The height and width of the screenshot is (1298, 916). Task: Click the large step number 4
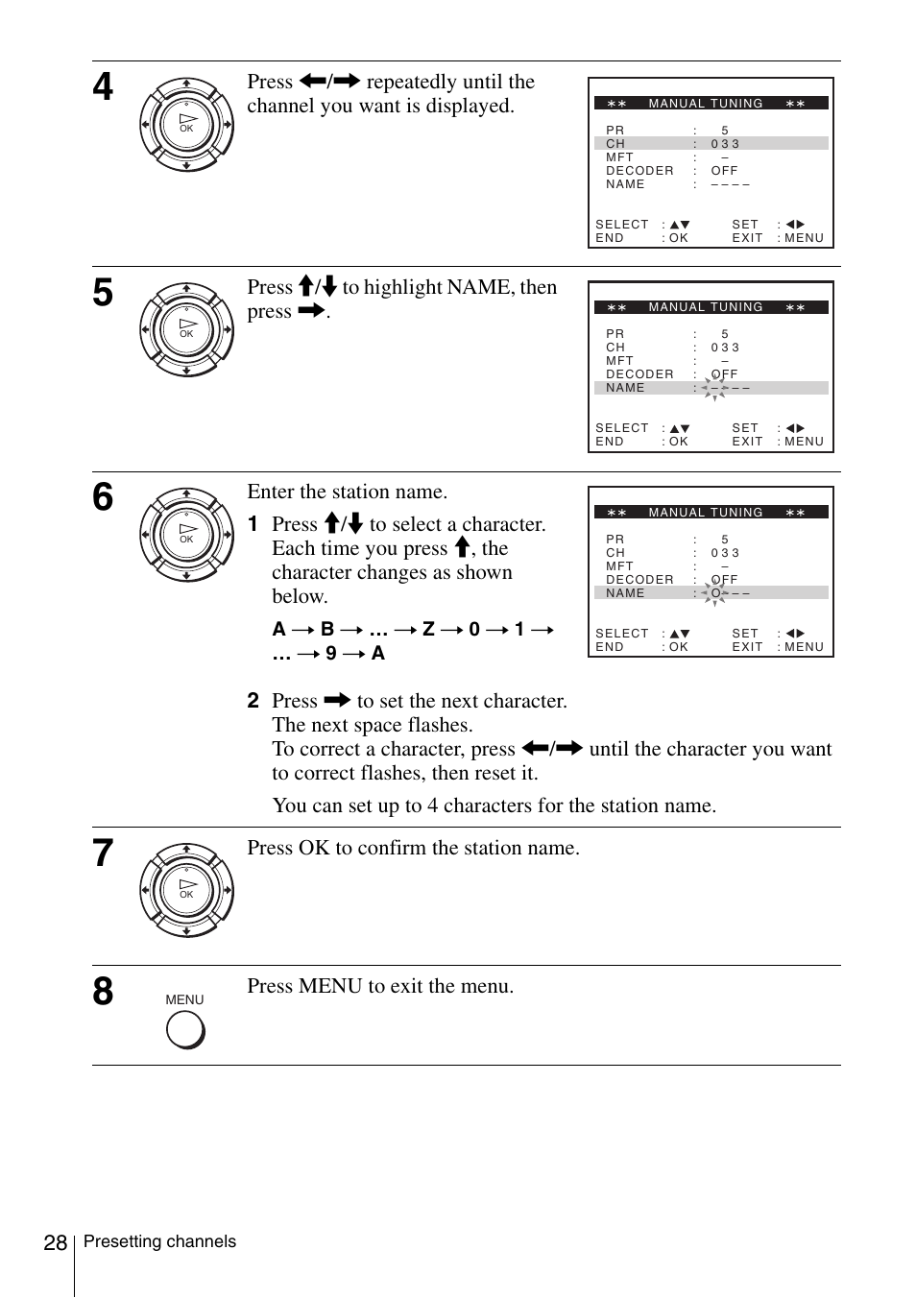point(103,87)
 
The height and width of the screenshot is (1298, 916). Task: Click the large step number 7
point(103,853)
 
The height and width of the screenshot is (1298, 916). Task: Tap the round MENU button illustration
point(185,1030)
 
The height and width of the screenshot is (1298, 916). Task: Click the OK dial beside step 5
point(186,329)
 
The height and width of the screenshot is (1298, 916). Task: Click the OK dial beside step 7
point(186,890)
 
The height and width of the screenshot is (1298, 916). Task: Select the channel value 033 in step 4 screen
point(725,144)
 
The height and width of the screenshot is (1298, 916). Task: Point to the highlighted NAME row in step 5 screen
point(625,388)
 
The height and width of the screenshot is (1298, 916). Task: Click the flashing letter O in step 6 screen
point(715,593)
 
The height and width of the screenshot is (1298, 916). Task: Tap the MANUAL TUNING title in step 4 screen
point(706,104)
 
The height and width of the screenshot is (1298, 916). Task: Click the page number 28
point(55,1243)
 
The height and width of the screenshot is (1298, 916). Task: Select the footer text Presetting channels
point(159,1241)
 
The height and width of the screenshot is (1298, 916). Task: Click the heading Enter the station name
point(347,492)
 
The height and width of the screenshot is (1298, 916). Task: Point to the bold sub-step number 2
point(253,701)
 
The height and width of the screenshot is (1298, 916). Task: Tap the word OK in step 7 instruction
point(314,848)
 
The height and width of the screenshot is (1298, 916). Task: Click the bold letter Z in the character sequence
point(428,630)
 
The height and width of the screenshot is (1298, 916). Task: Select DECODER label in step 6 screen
point(639,580)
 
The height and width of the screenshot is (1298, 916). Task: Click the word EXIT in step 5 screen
point(747,442)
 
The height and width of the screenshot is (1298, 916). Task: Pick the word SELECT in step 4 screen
point(622,225)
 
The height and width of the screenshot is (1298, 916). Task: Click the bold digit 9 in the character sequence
point(330,654)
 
